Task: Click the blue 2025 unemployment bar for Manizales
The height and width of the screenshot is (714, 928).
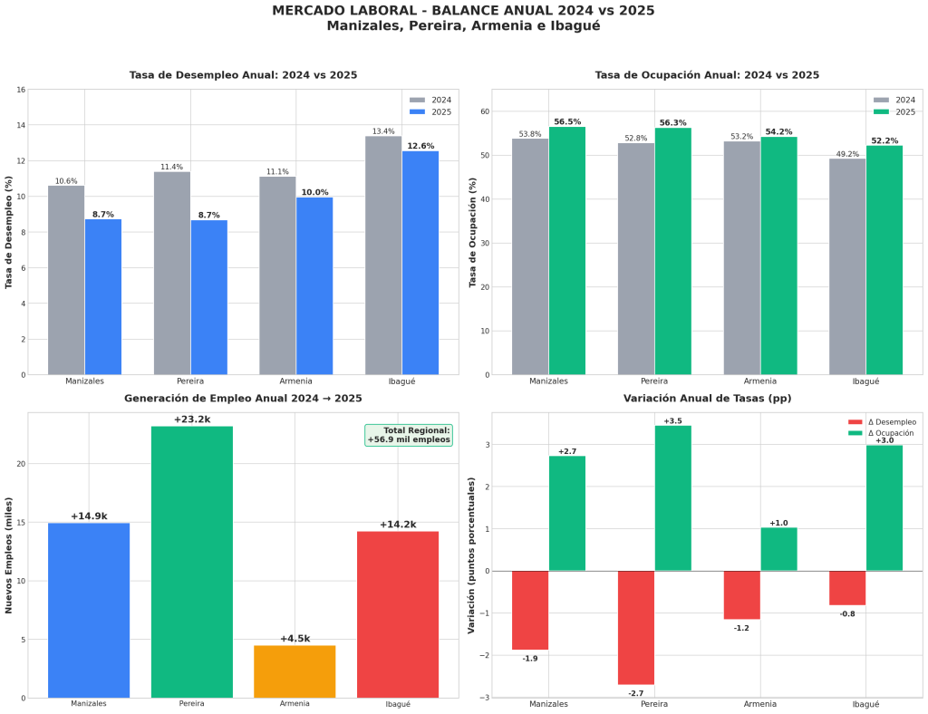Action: (x=103, y=296)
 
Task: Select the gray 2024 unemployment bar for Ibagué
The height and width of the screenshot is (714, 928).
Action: (x=383, y=255)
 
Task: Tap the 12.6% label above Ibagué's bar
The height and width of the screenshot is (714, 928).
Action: (x=420, y=146)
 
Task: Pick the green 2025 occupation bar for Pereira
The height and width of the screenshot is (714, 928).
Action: (x=672, y=251)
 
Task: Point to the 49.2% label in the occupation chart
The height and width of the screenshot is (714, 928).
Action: (x=847, y=154)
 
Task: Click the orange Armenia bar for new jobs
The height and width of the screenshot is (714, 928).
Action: (x=295, y=671)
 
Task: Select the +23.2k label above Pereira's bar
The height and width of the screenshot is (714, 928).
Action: (x=192, y=420)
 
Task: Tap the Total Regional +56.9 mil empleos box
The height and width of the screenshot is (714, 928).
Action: (x=409, y=435)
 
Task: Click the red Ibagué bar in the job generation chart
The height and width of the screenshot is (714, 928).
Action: (x=398, y=614)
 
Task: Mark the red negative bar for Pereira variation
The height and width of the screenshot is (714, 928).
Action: (x=636, y=627)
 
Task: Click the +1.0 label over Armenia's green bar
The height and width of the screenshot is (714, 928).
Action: (x=778, y=523)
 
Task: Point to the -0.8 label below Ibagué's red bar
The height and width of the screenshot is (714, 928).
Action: (x=847, y=614)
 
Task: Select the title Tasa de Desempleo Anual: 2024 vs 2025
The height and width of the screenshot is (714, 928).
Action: (x=243, y=75)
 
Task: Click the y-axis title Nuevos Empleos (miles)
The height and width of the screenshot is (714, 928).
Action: (x=9, y=555)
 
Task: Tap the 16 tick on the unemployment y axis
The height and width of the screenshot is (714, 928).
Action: (x=20, y=90)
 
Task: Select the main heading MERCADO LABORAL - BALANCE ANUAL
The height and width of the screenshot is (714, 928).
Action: (x=463, y=11)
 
